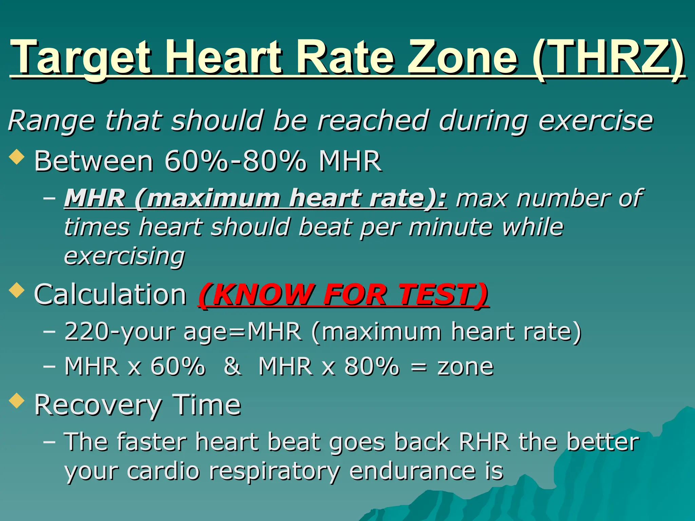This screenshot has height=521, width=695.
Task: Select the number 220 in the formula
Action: tap(87, 331)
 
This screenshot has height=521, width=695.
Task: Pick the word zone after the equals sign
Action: tap(465, 367)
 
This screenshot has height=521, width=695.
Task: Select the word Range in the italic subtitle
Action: tap(51, 121)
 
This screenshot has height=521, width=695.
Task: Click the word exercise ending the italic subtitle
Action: tap(596, 121)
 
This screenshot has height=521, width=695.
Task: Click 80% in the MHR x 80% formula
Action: tap(372, 366)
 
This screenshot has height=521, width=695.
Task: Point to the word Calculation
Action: tap(110, 294)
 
